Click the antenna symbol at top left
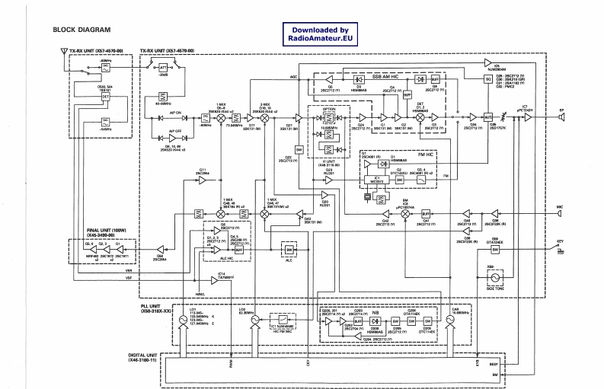click(x=62, y=56)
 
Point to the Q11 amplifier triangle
click(x=203, y=180)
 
